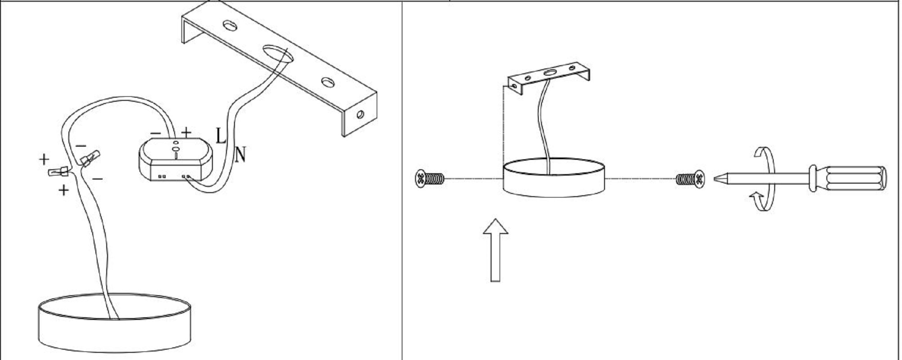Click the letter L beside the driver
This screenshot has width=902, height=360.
coord(221,135)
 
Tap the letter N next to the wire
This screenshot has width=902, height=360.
coord(241,155)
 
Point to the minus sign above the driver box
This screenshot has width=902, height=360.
coord(155,133)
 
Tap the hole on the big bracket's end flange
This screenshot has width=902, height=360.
coord(360,114)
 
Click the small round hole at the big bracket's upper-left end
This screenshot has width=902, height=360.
coord(230,25)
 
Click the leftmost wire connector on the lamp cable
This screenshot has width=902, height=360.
coord(59,171)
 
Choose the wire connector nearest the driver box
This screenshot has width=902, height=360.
coord(90,158)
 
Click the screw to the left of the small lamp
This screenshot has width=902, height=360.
coord(429,179)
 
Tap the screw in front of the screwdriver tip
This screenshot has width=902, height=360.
coord(690,180)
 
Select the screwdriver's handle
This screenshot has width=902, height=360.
coord(848,179)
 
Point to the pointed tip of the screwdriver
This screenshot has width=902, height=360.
coord(715,179)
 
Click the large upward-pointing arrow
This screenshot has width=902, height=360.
coord(496,250)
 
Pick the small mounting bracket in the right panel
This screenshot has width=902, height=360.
coord(550,77)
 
